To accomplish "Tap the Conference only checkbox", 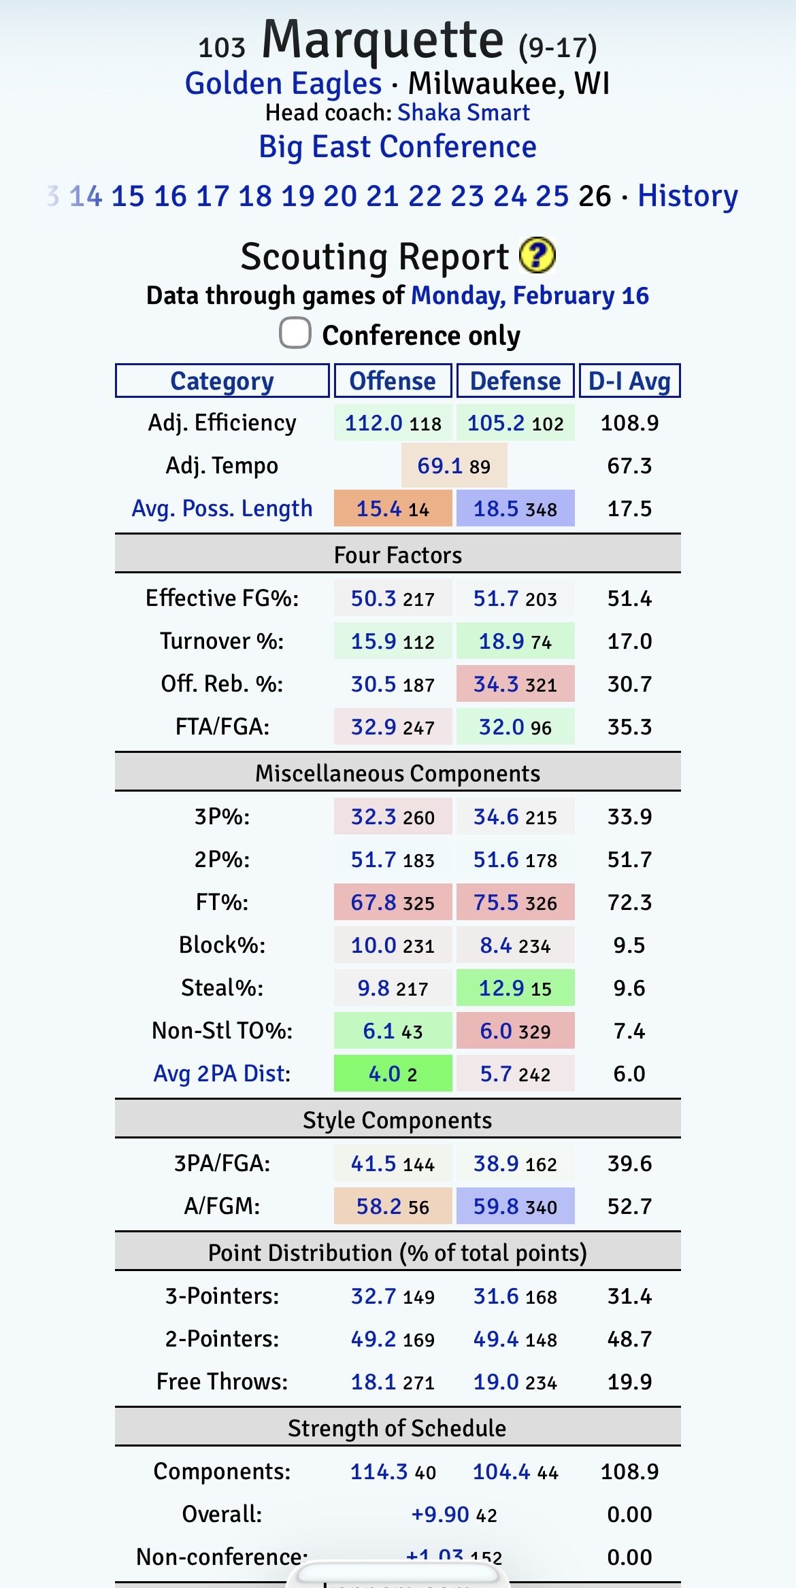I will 295,333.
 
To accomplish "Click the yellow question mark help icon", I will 537,256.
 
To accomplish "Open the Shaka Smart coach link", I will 463,112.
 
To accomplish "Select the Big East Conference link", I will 397,147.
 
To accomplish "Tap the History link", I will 687,196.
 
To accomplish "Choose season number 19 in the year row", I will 298,196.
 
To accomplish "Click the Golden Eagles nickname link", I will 283,84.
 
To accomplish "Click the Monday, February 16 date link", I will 530,296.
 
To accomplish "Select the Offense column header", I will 393,381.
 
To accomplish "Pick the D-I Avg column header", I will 629,381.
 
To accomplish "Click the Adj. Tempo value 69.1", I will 440,466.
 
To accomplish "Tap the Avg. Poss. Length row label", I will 222,508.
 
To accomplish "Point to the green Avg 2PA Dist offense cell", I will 393,1073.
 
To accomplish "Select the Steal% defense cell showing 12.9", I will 515,987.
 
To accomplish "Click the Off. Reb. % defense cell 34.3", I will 515,683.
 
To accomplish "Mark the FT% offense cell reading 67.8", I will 393,902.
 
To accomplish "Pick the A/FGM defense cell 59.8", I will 515,1206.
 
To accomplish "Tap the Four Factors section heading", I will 397,555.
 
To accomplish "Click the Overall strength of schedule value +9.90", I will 440,1514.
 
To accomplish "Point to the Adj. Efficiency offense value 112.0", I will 374,423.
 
